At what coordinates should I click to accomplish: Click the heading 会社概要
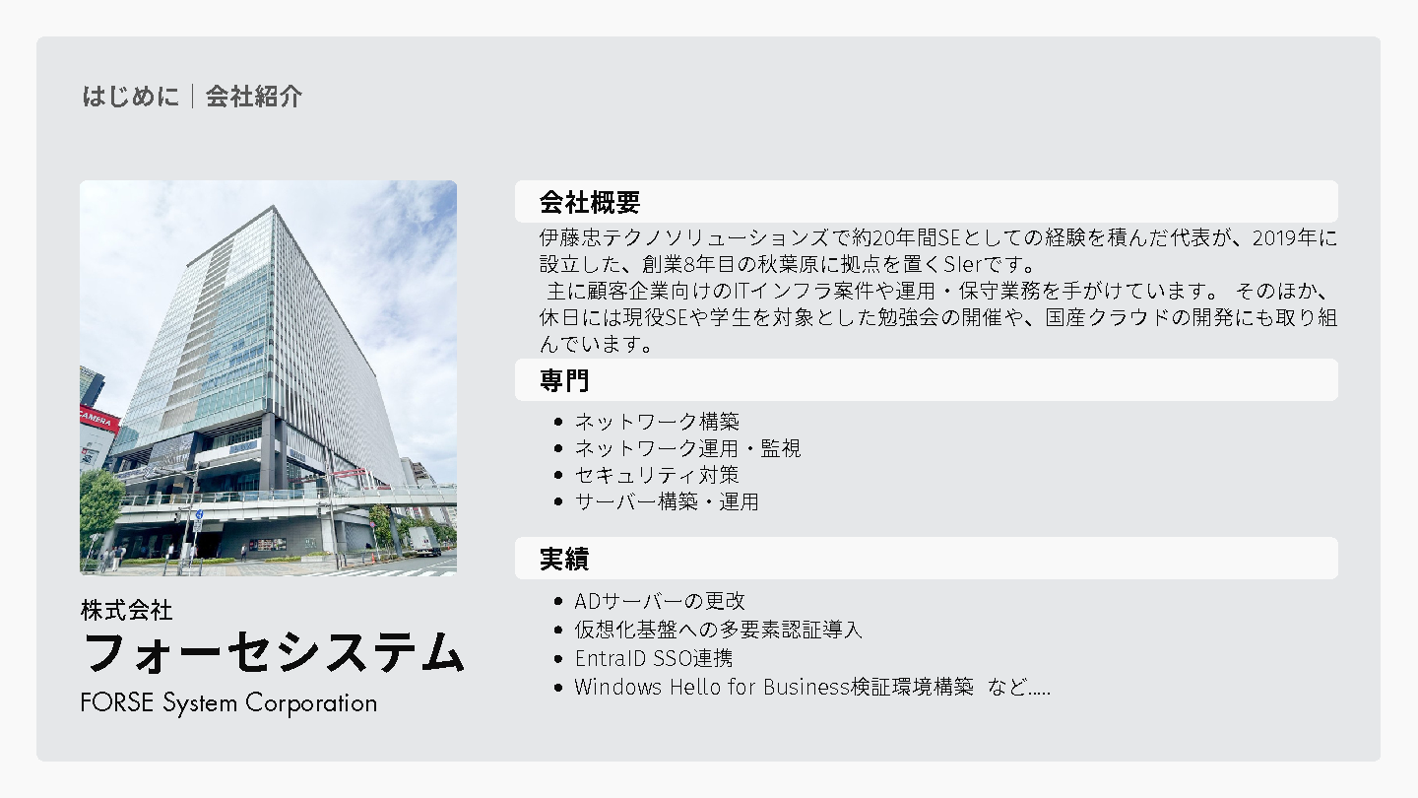coord(589,203)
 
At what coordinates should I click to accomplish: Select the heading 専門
coord(564,380)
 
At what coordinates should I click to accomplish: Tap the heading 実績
coord(564,560)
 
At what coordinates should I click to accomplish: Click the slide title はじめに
coord(130,97)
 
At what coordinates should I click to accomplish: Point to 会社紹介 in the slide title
coord(254,97)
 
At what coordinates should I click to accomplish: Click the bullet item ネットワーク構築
coord(657,422)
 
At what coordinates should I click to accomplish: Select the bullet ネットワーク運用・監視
coord(687,448)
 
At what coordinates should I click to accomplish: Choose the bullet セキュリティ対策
coord(657,475)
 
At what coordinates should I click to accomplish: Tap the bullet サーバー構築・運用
coord(666,501)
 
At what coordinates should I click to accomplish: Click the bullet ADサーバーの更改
coord(660,600)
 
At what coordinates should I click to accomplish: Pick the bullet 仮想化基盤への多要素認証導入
coord(718,630)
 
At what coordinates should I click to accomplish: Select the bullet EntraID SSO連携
coord(653,659)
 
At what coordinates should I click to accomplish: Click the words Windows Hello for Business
coord(712,688)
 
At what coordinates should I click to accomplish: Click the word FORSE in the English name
coord(117,703)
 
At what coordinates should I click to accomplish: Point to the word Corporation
coord(311,704)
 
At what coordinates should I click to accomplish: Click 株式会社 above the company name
coord(127,611)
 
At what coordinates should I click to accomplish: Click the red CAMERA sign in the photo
coord(98,419)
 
